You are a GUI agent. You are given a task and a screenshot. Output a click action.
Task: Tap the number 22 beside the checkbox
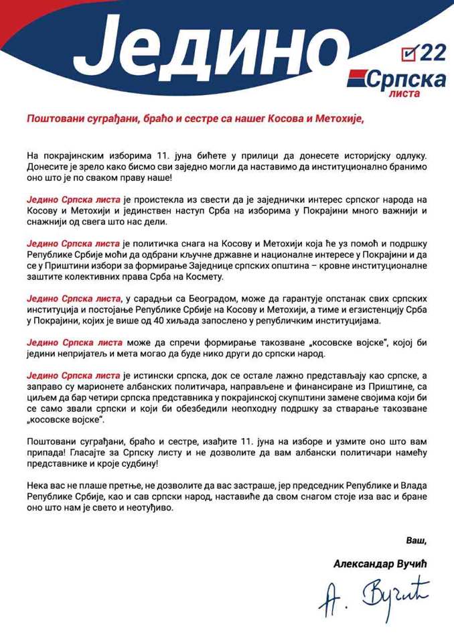pyautogui.click(x=430, y=52)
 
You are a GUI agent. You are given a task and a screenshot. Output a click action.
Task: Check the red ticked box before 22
pyautogui.click(x=408, y=52)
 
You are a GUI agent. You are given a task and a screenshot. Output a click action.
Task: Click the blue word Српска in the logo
pyautogui.click(x=406, y=79)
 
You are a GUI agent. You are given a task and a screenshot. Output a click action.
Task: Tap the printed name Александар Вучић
pyautogui.click(x=380, y=564)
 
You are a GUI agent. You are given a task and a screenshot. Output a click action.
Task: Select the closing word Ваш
pyautogui.click(x=415, y=540)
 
